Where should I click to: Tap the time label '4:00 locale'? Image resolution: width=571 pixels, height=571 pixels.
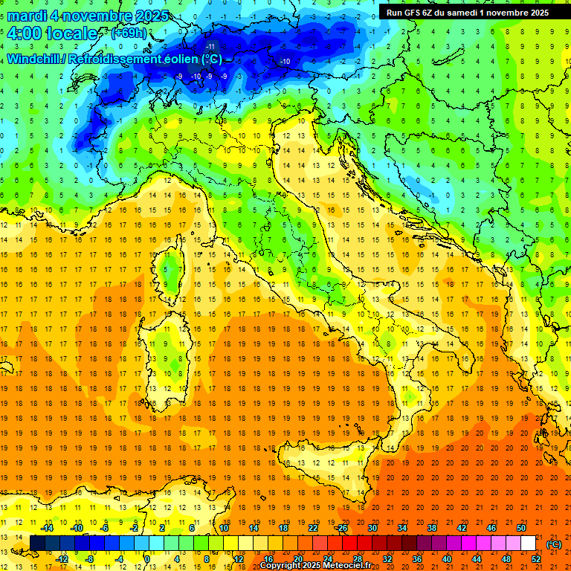tap(52, 33)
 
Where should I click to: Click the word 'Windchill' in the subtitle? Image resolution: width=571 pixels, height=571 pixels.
tap(33, 59)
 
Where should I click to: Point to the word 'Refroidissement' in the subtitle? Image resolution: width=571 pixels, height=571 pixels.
tap(116, 59)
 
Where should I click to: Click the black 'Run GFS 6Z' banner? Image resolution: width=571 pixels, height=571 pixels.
tap(468, 12)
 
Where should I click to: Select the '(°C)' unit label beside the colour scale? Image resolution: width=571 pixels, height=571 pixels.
tap(553, 544)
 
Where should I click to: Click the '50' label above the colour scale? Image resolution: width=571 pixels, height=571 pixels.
tap(521, 528)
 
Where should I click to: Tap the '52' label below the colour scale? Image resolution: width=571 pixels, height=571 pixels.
tap(536, 559)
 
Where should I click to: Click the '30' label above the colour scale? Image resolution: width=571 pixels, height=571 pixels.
tap(372, 528)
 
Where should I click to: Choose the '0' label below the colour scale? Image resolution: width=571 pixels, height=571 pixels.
tap(149, 559)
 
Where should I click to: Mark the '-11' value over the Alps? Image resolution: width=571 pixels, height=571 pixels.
tap(210, 46)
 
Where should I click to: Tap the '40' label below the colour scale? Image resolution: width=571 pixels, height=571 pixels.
tap(447, 559)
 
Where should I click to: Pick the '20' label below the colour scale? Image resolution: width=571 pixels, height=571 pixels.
tap(297, 559)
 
